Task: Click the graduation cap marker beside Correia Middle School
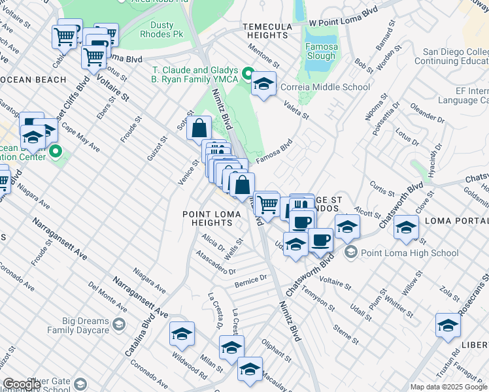pyautogui.click(x=263, y=84)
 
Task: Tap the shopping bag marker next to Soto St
pyautogui.click(x=199, y=127)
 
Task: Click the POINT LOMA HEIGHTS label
pyautogui.click(x=207, y=218)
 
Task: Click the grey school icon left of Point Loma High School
pyautogui.click(x=351, y=253)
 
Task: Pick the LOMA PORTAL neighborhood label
pyautogui.click(x=456, y=221)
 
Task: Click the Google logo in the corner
pyautogui.click(x=22, y=384)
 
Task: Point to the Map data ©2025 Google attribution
pyautogui.click(x=449, y=387)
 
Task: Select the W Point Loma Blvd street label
pyautogui.click(x=343, y=22)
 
